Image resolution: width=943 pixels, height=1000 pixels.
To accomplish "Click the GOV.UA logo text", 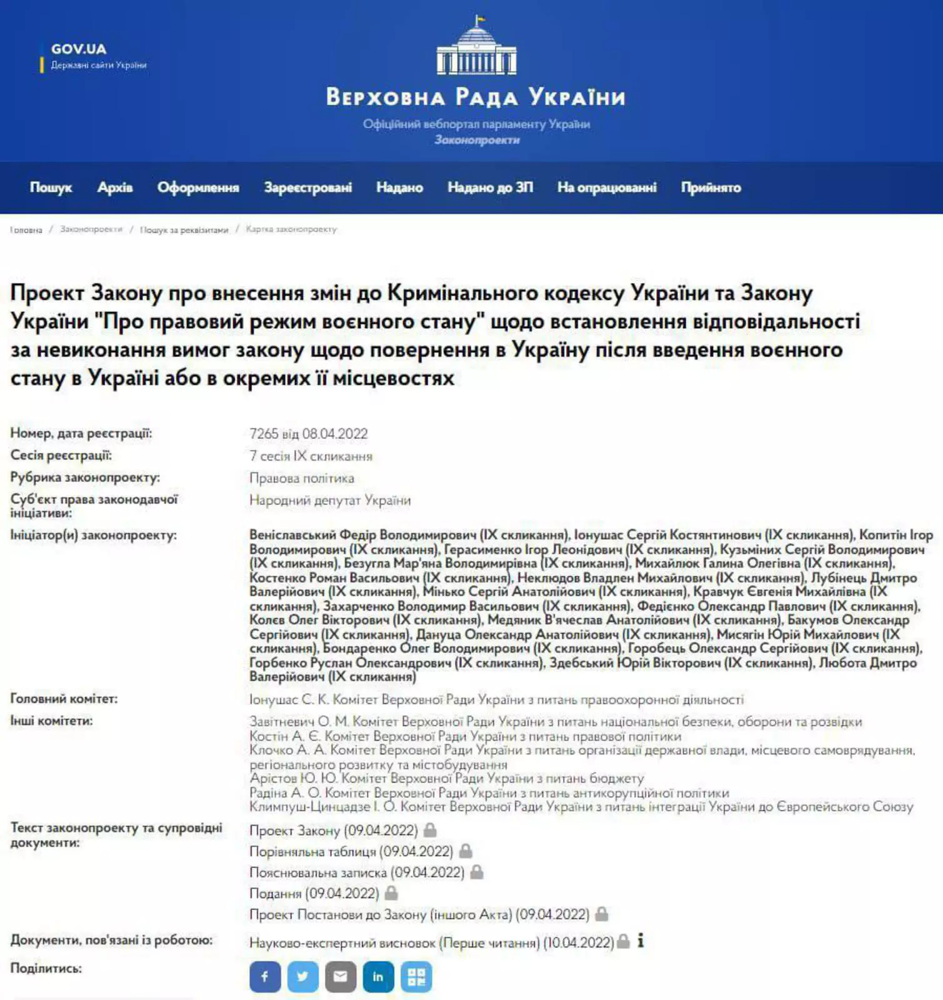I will tap(79, 49).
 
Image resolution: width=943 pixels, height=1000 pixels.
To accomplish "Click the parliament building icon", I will tap(476, 47).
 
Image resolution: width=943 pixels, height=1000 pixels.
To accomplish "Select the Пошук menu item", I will tap(51, 187).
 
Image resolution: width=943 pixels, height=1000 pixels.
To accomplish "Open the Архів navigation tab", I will tap(115, 187).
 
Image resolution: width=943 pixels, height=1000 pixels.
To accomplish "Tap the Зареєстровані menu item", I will tap(307, 187).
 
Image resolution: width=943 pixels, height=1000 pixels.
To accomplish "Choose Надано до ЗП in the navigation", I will tap(490, 187).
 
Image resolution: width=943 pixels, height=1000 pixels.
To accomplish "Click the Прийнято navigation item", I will tap(711, 187).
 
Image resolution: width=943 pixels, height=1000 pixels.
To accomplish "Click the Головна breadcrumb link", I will tap(26, 230).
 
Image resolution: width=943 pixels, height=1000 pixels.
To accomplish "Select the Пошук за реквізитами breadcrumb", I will tap(184, 230).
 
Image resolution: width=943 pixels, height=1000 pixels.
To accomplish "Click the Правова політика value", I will tap(302, 478).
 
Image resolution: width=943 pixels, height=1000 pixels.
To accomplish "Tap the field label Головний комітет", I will tap(64, 699).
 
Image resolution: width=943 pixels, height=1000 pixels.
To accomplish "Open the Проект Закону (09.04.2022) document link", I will tap(333, 831).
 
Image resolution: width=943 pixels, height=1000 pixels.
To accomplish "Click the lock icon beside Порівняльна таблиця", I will tap(466, 851).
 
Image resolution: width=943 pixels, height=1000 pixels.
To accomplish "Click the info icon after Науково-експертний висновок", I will tap(641, 941).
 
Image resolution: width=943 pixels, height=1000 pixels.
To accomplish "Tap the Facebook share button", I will tap(265, 976).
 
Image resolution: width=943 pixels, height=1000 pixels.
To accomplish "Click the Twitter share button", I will tap(302, 976).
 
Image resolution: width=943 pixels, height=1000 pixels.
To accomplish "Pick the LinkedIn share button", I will tap(378, 976).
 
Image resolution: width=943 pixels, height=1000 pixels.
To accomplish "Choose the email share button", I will tap(341, 976).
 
